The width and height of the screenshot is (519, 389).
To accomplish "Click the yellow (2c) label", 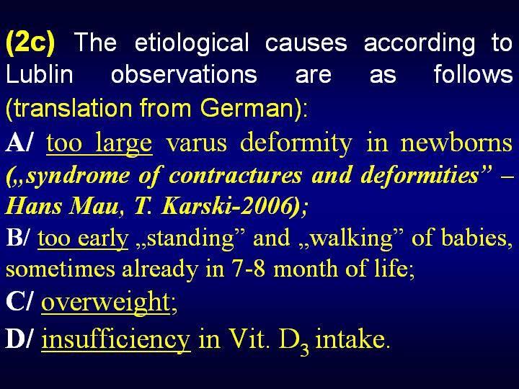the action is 30,43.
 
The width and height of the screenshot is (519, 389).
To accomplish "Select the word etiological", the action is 192,43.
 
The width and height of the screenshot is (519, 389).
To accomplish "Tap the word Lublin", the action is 40,73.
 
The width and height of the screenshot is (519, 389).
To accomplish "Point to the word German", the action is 247,108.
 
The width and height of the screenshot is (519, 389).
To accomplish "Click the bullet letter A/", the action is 19,143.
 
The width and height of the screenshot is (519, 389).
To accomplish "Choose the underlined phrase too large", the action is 99,143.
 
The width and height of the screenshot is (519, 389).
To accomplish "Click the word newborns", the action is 456,143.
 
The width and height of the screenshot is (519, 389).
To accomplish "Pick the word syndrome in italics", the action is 78,176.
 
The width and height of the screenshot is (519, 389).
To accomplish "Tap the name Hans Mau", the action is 61,207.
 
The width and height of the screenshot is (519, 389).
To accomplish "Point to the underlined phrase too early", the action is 83,238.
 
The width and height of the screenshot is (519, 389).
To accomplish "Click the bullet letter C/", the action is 19,301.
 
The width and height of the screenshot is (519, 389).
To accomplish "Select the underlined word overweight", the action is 105,302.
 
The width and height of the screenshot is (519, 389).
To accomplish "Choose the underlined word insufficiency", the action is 116,340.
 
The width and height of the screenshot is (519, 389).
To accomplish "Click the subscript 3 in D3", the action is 304,349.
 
